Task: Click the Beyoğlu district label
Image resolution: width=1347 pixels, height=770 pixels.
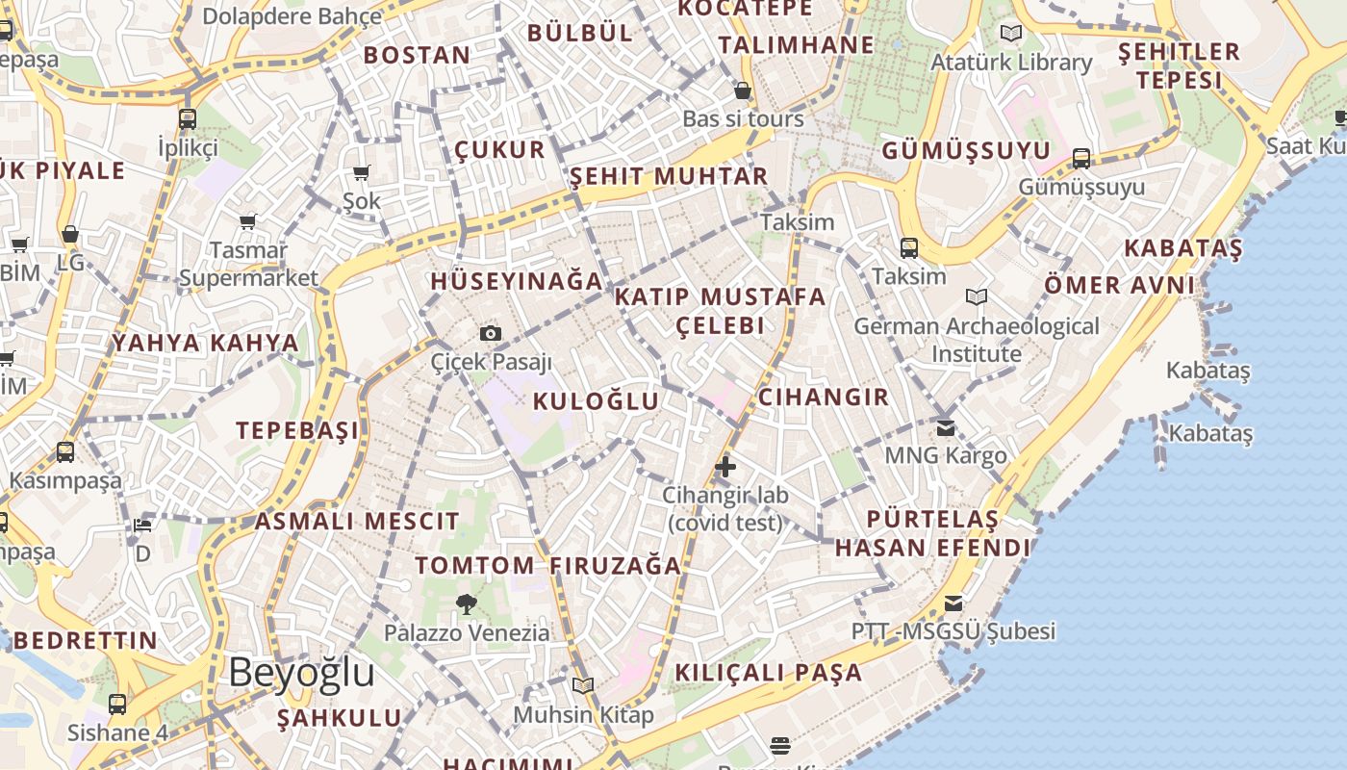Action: tap(301, 673)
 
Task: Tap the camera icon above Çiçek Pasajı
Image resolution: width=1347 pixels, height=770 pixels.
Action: tap(491, 333)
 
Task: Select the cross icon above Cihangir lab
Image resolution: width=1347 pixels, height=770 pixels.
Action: tap(725, 468)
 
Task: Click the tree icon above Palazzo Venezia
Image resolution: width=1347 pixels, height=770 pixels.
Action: tap(467, 604)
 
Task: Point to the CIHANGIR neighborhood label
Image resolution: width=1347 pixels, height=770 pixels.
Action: tap(824, 397)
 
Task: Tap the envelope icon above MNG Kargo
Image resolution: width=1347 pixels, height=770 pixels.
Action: tap(946, 426)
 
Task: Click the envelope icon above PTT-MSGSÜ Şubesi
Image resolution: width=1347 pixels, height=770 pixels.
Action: tap(953, 603)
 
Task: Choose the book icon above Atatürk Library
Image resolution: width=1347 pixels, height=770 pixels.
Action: tap(1011, 34)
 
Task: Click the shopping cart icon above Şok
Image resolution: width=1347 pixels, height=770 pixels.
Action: tap(362, 173)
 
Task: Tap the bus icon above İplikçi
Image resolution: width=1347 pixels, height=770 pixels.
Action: tap(188, 119)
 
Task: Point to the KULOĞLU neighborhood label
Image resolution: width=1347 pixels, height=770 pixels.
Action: tap(596, 401)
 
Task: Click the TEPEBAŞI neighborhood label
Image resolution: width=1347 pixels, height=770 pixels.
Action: tap(297, 430)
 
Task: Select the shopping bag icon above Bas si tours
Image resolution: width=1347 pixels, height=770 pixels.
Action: tap(743, 91)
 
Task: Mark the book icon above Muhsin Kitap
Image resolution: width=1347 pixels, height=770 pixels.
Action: tap(582, 686)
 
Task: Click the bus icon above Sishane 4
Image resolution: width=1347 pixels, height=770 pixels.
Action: tap(117, 705)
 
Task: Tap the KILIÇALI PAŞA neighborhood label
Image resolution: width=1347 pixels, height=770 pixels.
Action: tap(768, 672)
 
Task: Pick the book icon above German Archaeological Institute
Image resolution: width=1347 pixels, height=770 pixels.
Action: tap(977, 297)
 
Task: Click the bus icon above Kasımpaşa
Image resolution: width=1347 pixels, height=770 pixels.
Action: tap(65, 451)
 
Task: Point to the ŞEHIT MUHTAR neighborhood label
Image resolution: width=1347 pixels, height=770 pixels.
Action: tap(669, 176)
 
